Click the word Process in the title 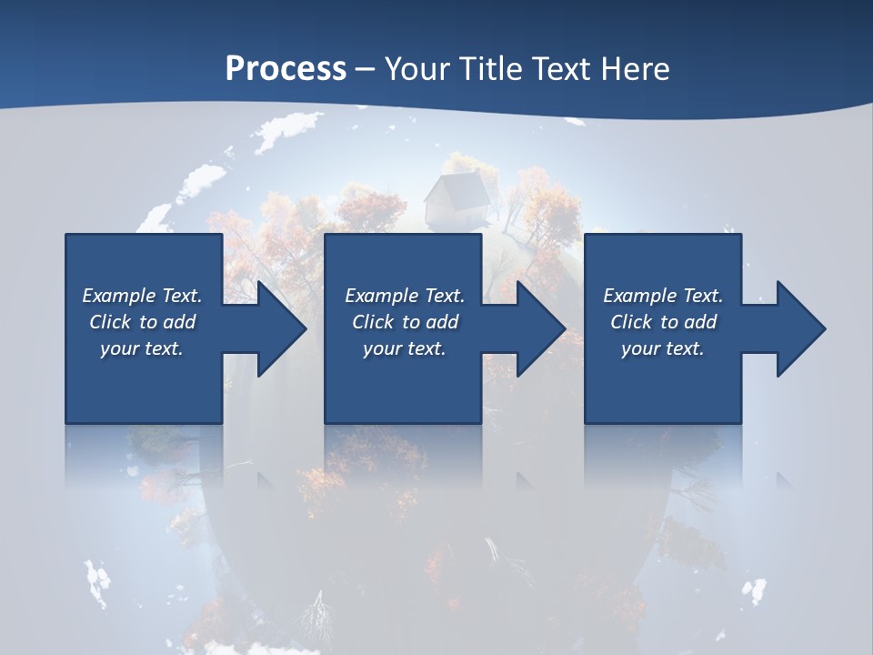click(x=286, y=69)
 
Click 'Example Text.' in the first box click(x=142, y=296)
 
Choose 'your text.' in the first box click(x=142, y=348)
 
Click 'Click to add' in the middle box click(x=405, y=322)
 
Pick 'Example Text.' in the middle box click(x=405, y=296)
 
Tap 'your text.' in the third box click(x=663, y=348)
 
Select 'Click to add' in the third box click(x=663, y=322)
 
